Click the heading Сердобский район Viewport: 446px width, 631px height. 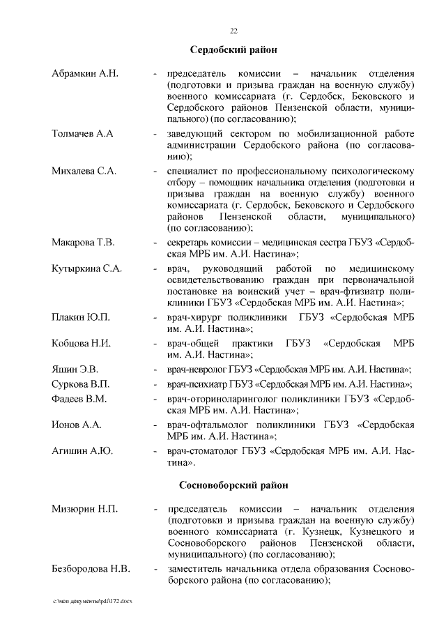point(233,50)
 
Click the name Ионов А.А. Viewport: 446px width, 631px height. point(77,425)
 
